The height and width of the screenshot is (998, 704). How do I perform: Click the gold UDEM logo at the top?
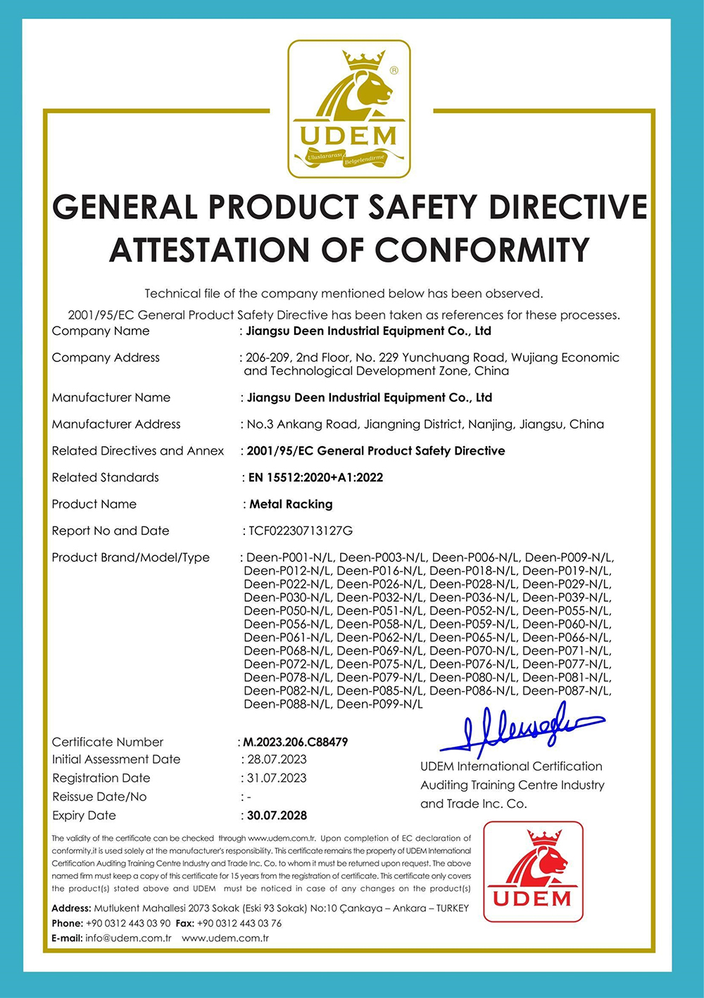click(x=349, y=109)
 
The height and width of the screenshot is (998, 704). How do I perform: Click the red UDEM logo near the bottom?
click(x=533, y=871)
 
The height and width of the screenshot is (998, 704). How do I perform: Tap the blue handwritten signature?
click(x=522, y=728)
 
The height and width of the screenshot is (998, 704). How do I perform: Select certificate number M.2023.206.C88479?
click(x=296, y=742)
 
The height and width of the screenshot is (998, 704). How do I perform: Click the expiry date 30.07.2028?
click(x=277, y=815)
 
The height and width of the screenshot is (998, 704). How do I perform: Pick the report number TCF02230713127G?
click(x=301, y=531)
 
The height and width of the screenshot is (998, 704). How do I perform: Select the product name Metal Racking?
click(x=291, y=504)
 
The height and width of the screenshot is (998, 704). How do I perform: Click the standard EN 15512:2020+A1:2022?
click(x=316, y=477)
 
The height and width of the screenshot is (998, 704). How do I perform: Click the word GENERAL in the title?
click(x=125, y=207)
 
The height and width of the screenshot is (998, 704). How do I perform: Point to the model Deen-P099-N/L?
click(x=379, y=704)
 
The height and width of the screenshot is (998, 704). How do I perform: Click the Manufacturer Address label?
click(x=116, y=424)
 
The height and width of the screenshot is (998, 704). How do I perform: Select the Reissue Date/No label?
click(x=99, y=797)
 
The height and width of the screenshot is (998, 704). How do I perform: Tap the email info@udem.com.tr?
click(x=128, y=938)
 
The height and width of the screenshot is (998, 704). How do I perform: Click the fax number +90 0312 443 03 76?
click(x=239, y=923)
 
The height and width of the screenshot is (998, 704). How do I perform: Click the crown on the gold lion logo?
click(x=364, y=59)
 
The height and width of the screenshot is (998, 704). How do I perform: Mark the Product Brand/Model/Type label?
click(x=131, y=557)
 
